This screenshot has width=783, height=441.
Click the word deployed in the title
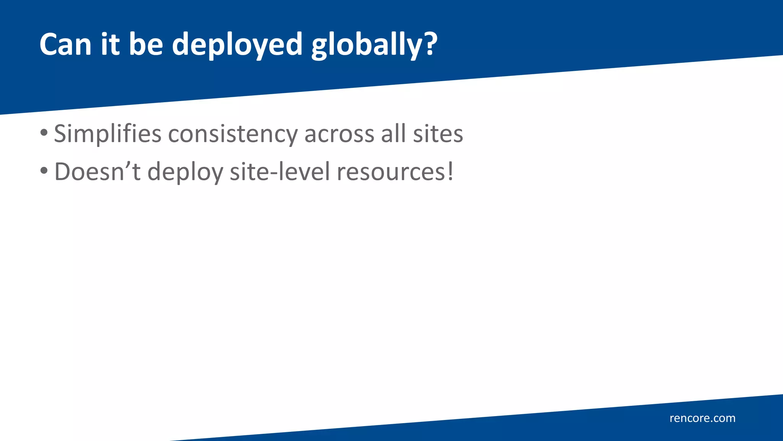[237, 45]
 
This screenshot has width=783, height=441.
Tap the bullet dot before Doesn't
[44, 171]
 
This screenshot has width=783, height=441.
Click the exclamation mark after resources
[451, 171]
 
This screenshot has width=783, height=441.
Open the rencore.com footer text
[702, 418]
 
